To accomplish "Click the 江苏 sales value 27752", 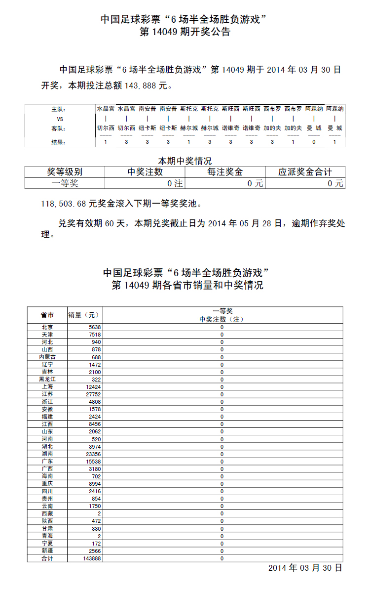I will [93, 394].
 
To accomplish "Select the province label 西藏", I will [47, 513].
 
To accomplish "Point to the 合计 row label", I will [47, 558].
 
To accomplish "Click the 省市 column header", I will [47, 315].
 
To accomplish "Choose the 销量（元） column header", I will [84, 315].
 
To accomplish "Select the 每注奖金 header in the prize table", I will [225, 172].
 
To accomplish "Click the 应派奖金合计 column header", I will [305, 172].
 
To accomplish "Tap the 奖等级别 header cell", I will [65, 172].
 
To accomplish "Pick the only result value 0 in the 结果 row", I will [314, 142].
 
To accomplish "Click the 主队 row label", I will [58, 109].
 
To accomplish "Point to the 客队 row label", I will [58, 128].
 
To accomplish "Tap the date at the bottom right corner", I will [305, 568].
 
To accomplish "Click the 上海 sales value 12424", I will [93, 387].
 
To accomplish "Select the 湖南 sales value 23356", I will [93, 454].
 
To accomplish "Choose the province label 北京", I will [47, 327].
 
